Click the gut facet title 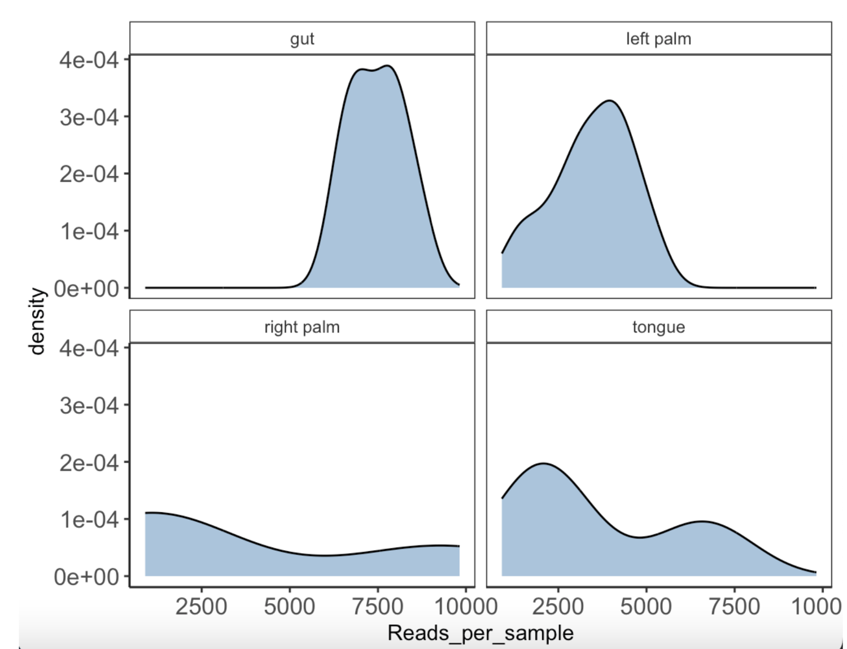pos(302,39)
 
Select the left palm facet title pos(658,39)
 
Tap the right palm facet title pos(302,327)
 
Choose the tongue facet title pos(658,327)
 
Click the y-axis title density pos(37,321)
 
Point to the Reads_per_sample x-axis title pos(480,633)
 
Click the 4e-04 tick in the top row pos(89,60)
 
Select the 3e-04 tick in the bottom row pos(89,406)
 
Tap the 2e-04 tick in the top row pos(89,174)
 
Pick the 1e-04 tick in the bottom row pos(89,520)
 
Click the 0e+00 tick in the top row pos(86,289)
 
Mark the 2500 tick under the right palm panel pos(201,607)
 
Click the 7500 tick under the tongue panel pos(734,607)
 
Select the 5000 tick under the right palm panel pos(289,607)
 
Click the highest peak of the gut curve pos(388,66)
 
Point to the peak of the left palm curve pos(610,101)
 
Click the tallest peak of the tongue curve pos(543,464)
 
